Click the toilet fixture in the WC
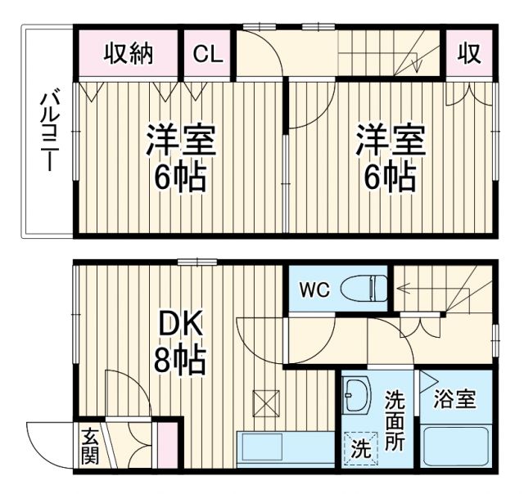pos(364,290)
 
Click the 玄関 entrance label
pos(89,447)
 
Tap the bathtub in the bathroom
pos(455,445)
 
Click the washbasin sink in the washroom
pos(356,397)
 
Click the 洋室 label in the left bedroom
pos(181,139)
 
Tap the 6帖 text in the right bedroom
pos(389,175)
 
